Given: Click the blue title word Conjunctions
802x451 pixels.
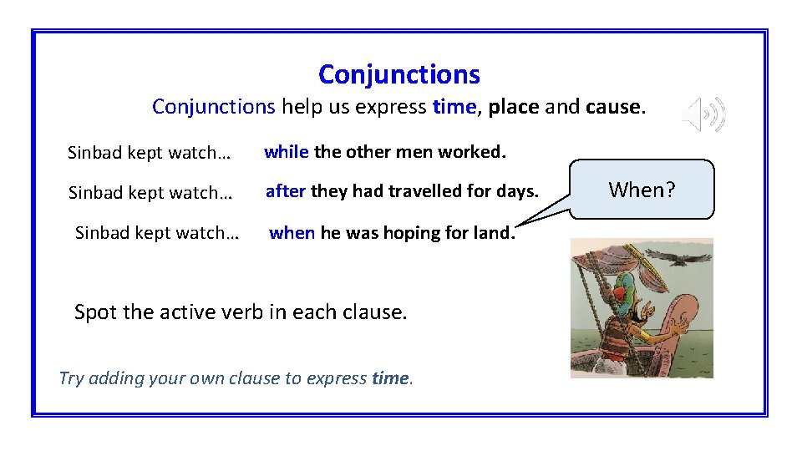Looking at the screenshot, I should tap(399, 74).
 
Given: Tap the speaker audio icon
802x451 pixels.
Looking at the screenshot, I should tap(704, 114).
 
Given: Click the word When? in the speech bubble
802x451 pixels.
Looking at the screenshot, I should tap(641, 190).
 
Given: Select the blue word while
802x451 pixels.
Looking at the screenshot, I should tap(287, 152).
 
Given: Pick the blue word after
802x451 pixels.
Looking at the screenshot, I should tap(286, 191).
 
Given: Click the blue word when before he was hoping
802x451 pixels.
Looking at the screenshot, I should tap(292, 233).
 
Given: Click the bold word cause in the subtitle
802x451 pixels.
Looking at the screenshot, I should tap(613, 108).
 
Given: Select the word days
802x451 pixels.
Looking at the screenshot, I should tap(518, 191).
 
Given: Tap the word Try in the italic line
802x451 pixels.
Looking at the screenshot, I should tap(72, 378).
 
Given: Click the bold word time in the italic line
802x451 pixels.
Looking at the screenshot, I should tap(391, 378).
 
